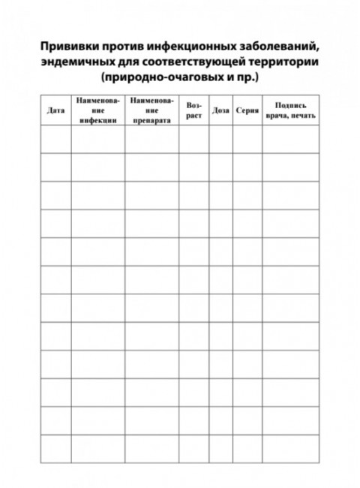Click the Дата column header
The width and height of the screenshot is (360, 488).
tap(55, 110)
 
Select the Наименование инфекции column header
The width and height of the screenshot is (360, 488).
tap(97, 110)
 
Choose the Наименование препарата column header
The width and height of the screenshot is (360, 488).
tap(151, 110)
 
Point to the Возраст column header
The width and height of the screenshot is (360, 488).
tap(193, 110)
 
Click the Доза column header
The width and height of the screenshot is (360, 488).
tap(220, 110)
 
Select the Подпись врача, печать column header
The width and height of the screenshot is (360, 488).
tap(290, 110)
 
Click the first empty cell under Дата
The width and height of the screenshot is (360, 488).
tap(55, 139)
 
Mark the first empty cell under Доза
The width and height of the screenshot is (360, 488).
tap(220, 139)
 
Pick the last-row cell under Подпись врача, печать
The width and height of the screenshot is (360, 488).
tap(290, 448)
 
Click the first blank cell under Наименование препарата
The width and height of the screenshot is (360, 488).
tap(151, 139)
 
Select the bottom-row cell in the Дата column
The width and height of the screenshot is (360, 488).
tap(55, 448)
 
